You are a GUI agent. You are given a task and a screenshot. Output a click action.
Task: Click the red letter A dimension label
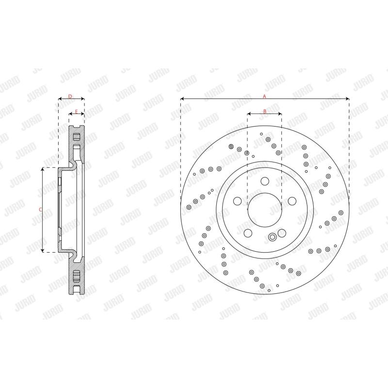(264, 97)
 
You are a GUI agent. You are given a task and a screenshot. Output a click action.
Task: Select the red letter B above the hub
(264, 112)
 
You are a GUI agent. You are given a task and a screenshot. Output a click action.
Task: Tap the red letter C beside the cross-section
(40, 210)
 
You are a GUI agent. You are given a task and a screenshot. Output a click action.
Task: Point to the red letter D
(71, 97)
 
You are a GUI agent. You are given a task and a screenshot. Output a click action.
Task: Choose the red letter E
(76, 112)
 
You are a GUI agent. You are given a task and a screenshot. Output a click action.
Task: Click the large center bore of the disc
(264, 209)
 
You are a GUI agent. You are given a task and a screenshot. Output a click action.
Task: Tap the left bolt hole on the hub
(237, 201)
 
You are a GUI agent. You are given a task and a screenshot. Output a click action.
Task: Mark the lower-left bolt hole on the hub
(248, 233)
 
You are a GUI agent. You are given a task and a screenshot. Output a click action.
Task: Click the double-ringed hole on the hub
(272, 237)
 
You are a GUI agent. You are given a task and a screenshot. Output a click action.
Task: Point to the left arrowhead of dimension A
(182, 99)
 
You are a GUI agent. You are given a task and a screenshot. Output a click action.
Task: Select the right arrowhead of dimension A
(348, 99)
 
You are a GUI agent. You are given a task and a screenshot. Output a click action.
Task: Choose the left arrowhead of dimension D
(60, 99)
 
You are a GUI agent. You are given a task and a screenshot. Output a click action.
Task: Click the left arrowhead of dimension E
(70, 115)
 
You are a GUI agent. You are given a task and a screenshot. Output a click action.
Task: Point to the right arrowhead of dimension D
(83, 99)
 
